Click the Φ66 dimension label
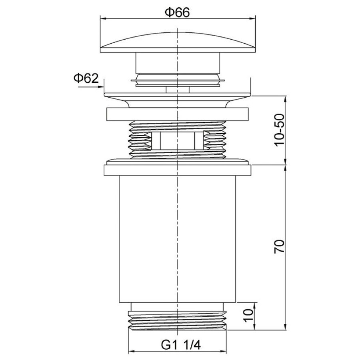point(177,12)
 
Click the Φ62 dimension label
point(86,78)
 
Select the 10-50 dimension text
point(279,130)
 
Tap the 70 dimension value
point(279,246)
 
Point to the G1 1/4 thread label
point(181,345)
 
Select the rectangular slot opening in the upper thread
point(178,141)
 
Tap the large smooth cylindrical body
point(178,239)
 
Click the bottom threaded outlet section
point(178,321)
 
